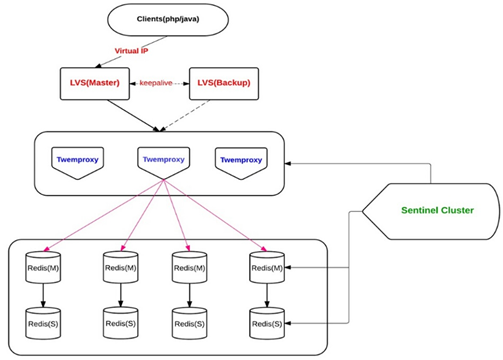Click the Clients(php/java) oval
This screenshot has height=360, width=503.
(x=168, y=19)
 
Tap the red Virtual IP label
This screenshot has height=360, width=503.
(x=131, y=51)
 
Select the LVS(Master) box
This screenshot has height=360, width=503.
(x=95, y=83)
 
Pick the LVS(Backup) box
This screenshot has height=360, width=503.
(x=224, y=83)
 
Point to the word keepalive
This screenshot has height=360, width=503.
(x=156, y=83)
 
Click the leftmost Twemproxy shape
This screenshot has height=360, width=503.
(x=77, y=163)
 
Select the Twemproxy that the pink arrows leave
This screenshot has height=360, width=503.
(x=164, y=163)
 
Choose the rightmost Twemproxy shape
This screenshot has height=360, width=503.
(x=241, y=163)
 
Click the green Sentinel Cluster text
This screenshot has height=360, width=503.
(x=437, y=210)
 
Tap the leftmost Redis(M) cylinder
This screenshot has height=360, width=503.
(x=43, y=267)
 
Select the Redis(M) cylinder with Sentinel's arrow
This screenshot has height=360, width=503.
(x=267, y=267)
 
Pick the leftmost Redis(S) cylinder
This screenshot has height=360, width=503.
(x=43, y=323)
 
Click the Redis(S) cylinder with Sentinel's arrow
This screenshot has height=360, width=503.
(x=267, y=323)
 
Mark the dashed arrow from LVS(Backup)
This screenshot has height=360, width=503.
(x=185, y=115)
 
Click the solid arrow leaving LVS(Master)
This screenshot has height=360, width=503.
(x=134, y=115)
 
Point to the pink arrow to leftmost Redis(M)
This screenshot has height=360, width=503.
(x=104, y=215)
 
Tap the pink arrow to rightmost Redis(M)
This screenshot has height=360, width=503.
(x=215, y=215)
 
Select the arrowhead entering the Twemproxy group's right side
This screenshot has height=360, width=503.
(x=288, y=164)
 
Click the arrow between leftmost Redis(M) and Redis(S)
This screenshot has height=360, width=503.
(x=43, y=295)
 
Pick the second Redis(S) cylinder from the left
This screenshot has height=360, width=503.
(x=121, y=323)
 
